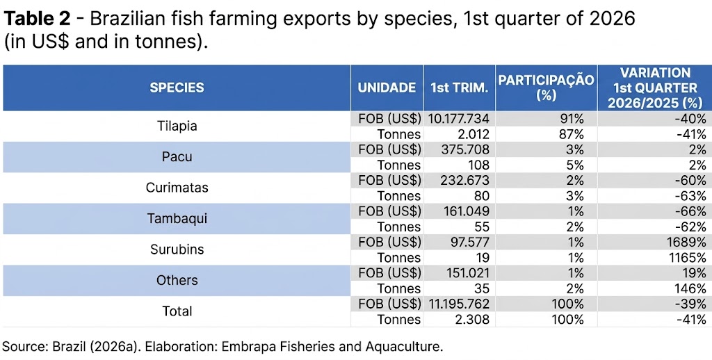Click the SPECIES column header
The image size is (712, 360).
click(x=177, y=88)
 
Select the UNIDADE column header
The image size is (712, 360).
click(x=387, y=88)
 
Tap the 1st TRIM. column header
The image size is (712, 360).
click(x=459, y=88)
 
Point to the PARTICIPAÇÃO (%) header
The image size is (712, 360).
click(x=546, y=88)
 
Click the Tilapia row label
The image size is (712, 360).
click(x=177, y=126)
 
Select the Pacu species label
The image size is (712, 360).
click(x=177, y=156)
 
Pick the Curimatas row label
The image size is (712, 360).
click(x=177, y=188)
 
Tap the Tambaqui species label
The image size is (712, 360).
click(x=177, y=218)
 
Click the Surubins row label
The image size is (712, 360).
click(x=177, y=249)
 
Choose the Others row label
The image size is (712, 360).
click(x=177, y=280)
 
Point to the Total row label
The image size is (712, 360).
click(x=177, y=311)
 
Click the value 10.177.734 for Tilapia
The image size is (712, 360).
click(x=459, y=119)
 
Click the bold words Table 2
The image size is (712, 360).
click(x=36, y=19)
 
